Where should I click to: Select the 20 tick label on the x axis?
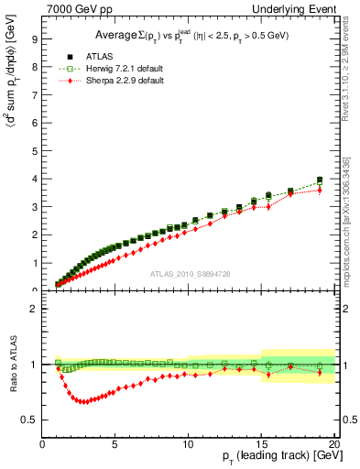coord(334,444)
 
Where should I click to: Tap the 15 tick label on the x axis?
coord(261,444)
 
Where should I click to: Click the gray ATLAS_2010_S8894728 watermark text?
coord(189,274)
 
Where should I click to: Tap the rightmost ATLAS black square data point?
coord(320,180)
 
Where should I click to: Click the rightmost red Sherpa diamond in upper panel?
coord(320,190)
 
